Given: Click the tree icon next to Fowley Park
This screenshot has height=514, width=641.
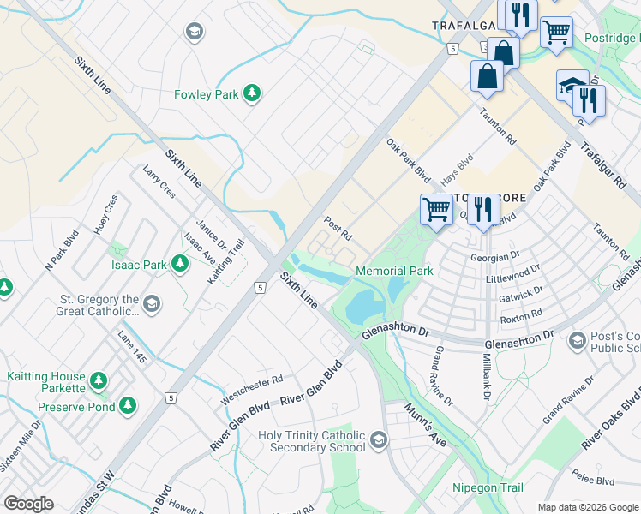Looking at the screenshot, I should pyautogui.click(x=251, y=93).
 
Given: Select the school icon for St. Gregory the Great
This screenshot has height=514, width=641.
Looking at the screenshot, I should pyautogui.click(x=152, y=303).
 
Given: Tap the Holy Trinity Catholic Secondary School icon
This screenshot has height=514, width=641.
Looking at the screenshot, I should pyautogui.click(x=379, y=441).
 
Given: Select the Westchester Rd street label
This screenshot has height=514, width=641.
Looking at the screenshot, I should pyautogui.click(x=251, y=391).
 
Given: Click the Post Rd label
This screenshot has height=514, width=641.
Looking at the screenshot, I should pyautogui.click(x=338, y=228).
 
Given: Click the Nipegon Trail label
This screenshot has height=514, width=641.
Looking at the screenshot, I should pyautogui.click(x=488, y=487).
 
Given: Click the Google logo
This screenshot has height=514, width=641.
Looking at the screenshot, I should pyautogui.click(x=29, y=504).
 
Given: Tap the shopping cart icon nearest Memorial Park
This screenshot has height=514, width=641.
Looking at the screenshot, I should pyautogui.click(x=436, y=210).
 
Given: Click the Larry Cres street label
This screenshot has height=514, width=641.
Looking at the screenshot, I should pyautogui.click(x=159, y=182).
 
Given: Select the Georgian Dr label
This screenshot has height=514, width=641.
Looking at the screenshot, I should pyautogui.click(x=495, y=256).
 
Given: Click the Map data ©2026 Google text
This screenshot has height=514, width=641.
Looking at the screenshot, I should pyautogui.click(x=587, y=507).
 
